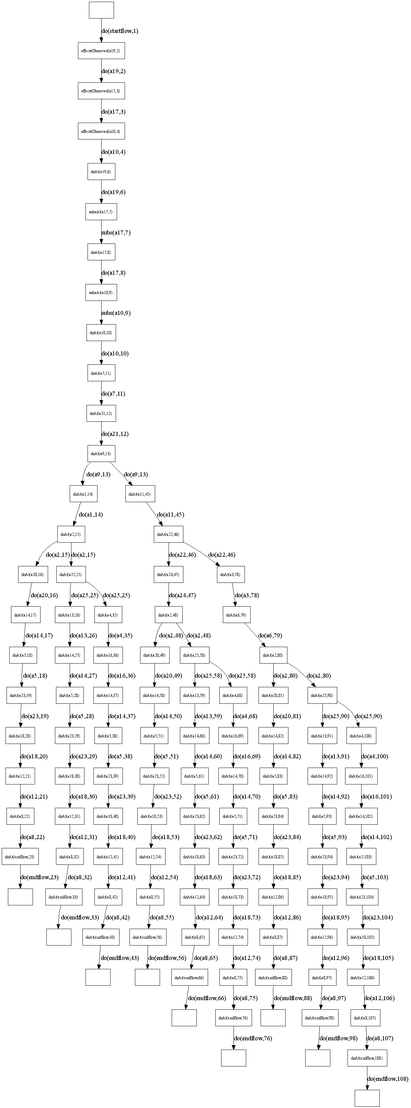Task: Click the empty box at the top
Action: click(101, 10)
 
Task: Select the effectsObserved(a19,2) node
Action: click(101, 51)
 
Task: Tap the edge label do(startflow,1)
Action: click(119, 31)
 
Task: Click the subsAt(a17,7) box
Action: click(101, 212)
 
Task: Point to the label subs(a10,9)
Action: click(116, 313)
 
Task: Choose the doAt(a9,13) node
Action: click(101, 454)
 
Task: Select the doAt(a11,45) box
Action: click(140, 494)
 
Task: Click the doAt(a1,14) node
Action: click(83, 494)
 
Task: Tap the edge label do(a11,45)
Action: click(171, 515)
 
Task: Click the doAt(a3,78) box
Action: click(231, 575)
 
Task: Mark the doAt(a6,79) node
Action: click(237, 615)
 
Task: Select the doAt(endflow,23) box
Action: click(20, 857)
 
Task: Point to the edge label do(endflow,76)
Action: click(253, 1038)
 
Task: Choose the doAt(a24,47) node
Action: click(169, 575)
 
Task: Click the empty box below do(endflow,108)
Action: click(367, 1098)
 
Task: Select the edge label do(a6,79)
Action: click(270, 635)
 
